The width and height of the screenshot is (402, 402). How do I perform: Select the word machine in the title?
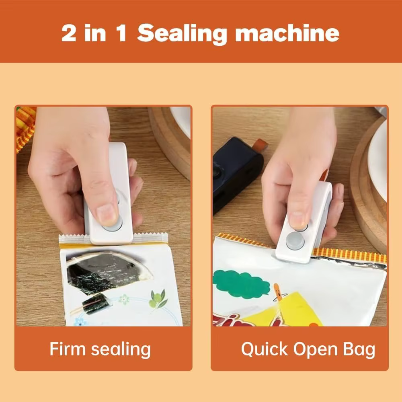coord(287,34)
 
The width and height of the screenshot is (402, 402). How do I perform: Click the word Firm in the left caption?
coord(67,349)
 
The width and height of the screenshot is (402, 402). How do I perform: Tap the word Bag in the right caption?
coord(359,349)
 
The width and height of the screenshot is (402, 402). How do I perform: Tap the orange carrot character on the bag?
coord(277,292)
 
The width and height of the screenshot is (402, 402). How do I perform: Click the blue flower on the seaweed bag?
coord(80,322)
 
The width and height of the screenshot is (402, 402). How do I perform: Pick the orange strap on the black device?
coord(259,145)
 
